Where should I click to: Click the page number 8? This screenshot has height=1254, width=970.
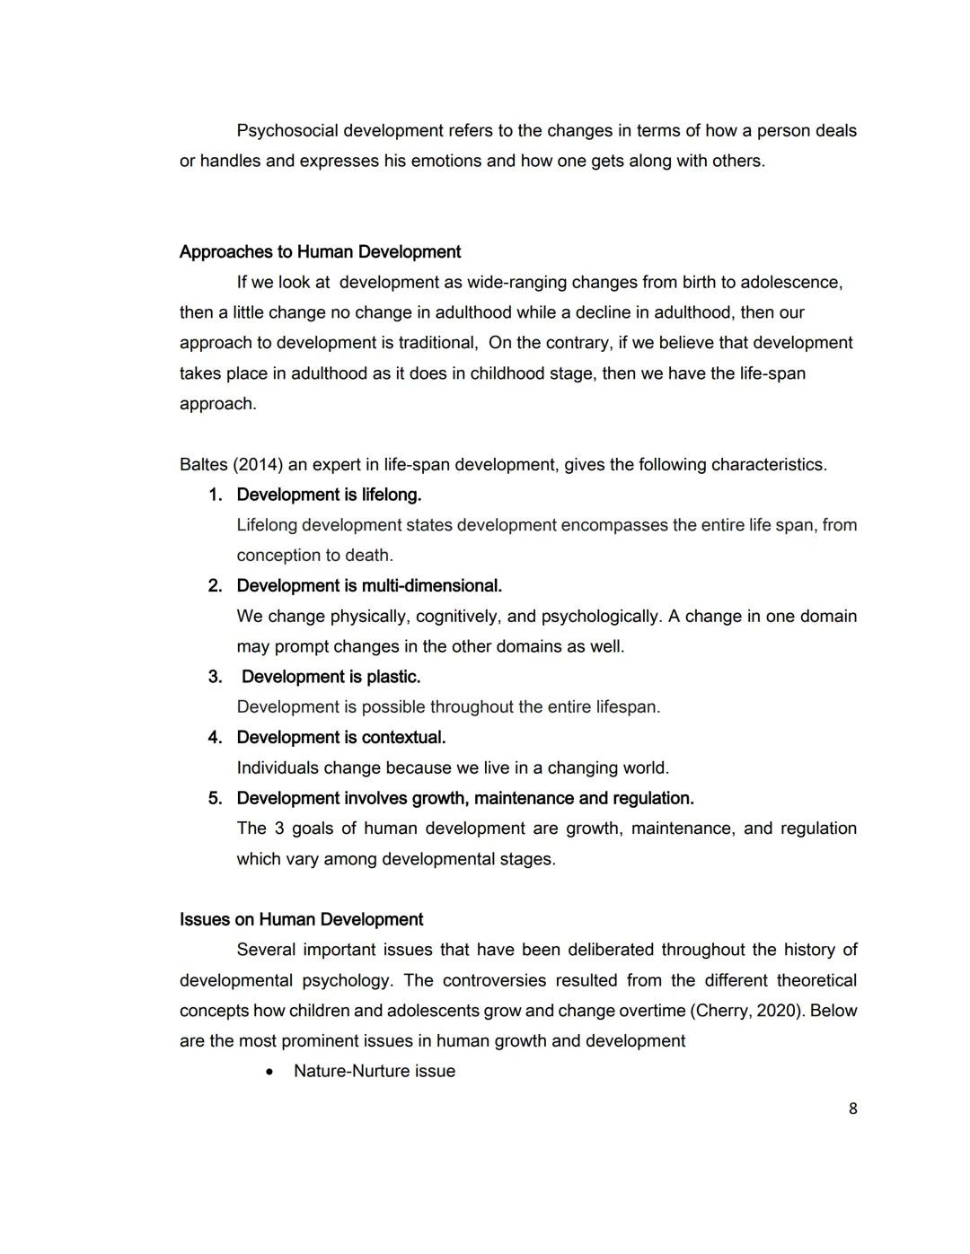[852, 1109]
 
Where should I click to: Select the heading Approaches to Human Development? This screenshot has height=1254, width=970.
[320, 252]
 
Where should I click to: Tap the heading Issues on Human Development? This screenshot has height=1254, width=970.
[301, 920]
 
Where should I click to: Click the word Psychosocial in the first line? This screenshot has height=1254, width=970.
[287, 131]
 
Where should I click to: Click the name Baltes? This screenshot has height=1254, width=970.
[203, 465]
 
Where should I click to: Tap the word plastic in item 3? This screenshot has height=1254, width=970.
[392, 677]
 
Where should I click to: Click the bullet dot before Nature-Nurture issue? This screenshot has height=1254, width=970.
[269, 1072]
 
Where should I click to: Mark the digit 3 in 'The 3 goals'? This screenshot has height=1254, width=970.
[279, 829]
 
